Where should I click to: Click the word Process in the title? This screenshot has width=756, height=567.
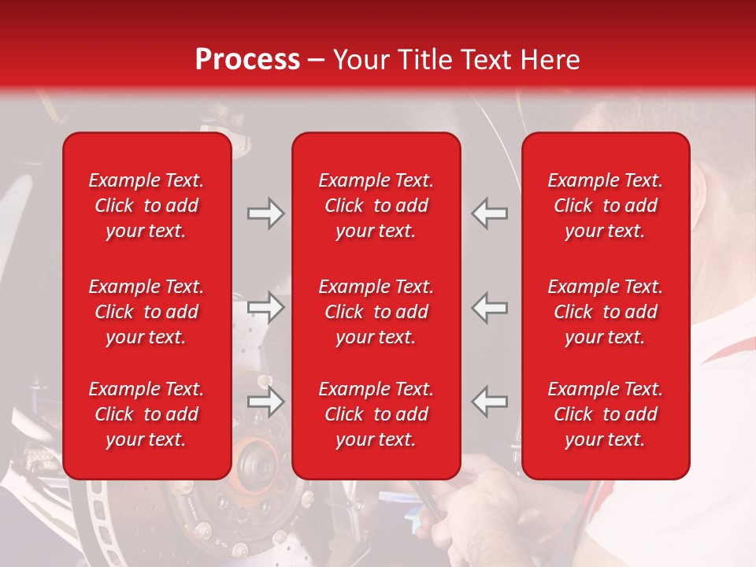click(247, 60)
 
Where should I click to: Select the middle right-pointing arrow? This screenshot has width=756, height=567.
click(266, 308)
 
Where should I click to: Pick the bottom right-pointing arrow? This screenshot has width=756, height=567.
click(266, 402)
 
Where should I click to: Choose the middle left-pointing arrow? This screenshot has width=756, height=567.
click(490, 308)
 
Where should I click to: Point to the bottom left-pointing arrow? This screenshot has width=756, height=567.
click(490, 402)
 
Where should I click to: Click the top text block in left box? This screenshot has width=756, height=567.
click(146, 206)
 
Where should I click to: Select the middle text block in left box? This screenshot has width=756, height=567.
click(146, 312)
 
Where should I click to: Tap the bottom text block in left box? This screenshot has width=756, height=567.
click(146, 414)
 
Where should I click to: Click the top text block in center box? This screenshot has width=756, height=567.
click(376, 206)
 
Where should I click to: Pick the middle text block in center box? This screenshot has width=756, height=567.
click(376, 312)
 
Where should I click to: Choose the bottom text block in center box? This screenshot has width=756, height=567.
click(376, 414)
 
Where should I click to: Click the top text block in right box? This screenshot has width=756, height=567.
click(605, 206)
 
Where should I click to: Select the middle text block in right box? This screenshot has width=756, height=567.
click(605, 312)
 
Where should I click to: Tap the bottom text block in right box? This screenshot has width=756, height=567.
click(605, 414)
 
